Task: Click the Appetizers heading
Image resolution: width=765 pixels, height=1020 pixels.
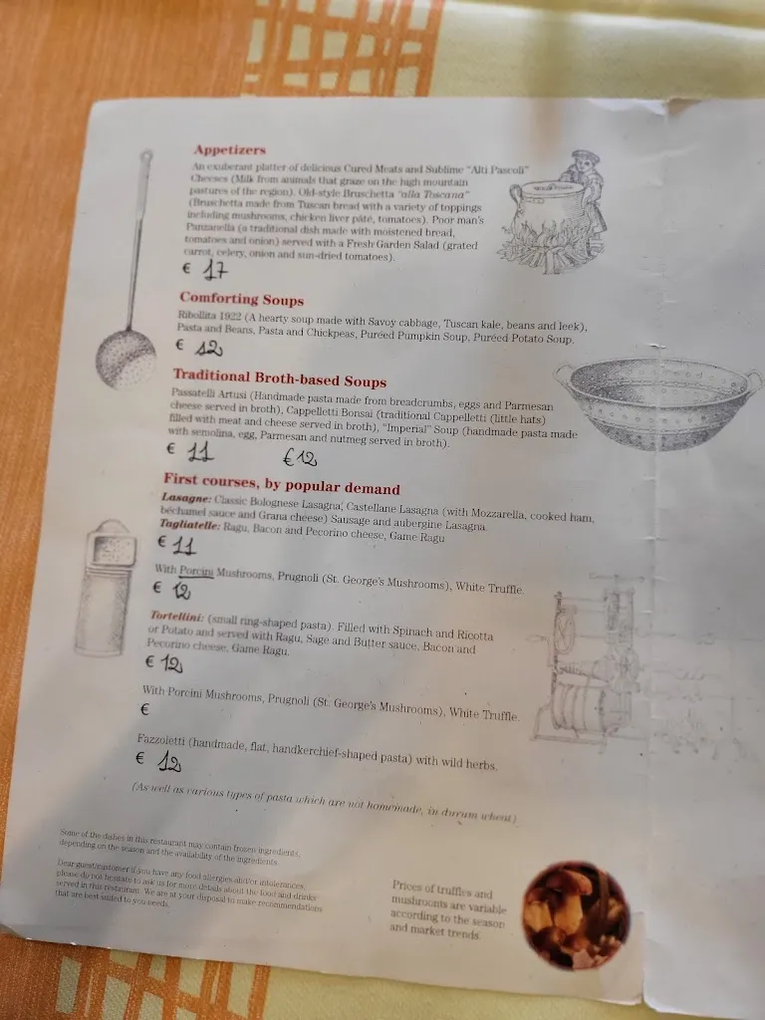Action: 230,150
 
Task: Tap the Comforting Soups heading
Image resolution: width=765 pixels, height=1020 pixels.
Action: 242,299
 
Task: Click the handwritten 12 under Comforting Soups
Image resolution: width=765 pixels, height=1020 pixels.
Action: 207,348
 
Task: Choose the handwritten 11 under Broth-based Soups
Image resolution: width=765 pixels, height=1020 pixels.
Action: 200,452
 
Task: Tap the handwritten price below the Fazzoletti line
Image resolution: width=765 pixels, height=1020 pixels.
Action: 169,763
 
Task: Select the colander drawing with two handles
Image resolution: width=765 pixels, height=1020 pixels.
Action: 656,402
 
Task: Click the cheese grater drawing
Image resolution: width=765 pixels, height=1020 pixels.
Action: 105,587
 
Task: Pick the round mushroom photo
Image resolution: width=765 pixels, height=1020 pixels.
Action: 576,913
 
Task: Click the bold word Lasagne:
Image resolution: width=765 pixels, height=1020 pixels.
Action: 185,497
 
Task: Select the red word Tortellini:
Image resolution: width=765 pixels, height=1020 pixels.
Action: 177,618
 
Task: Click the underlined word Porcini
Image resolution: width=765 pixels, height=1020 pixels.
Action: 196,572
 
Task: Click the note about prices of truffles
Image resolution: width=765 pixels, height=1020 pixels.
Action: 448,907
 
